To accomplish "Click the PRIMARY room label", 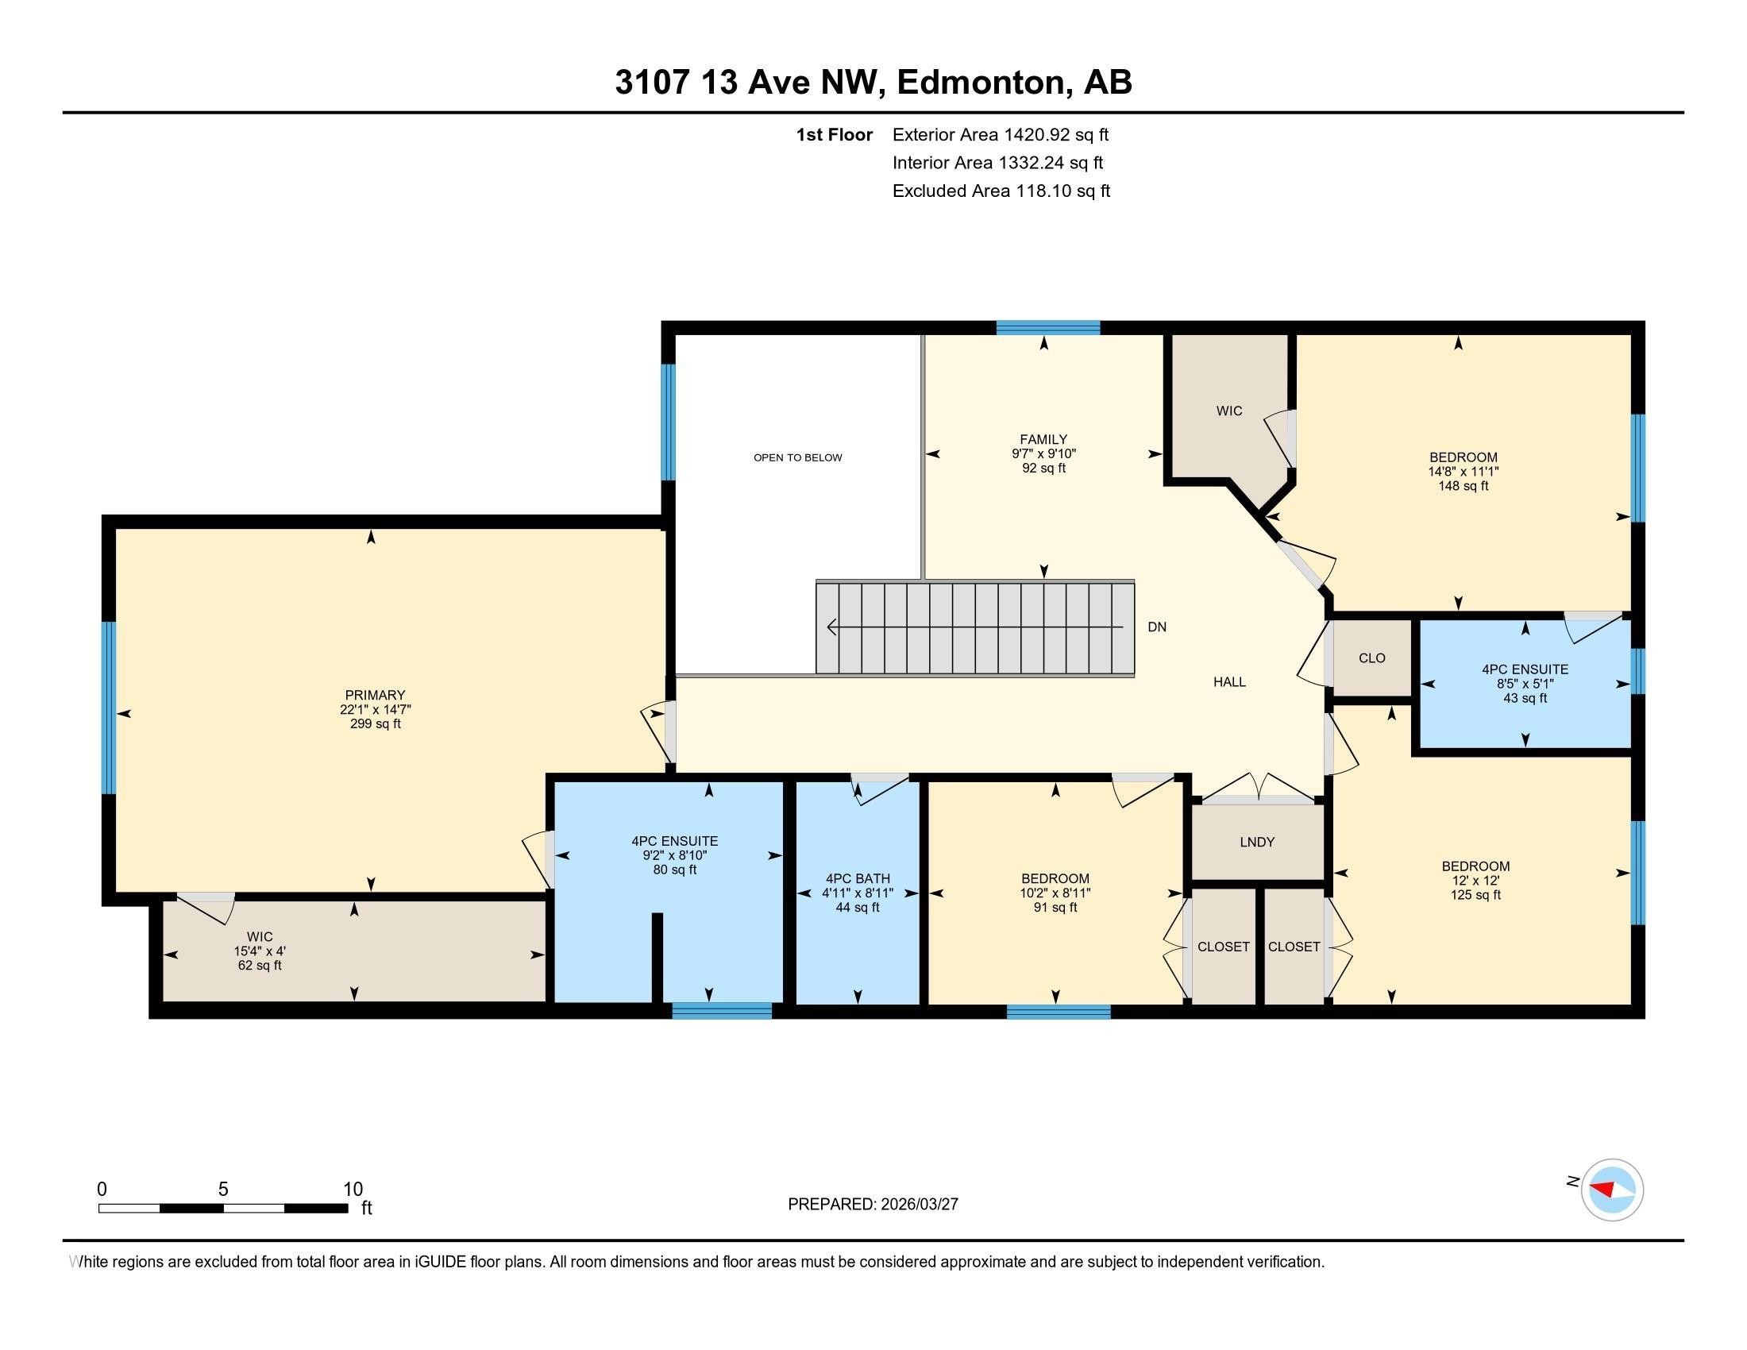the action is pos(375,695).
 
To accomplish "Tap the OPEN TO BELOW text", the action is pos(797,457).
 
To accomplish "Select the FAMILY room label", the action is pos(1043,439).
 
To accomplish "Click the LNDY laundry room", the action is pos(1257,841).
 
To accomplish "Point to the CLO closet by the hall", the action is pos(1372,658).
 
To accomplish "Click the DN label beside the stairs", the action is pos(1157,627).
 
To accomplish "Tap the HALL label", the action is pos(1229,681).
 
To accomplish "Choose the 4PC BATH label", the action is pos(858,878).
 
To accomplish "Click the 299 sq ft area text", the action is pos(375,723).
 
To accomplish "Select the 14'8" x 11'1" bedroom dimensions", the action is pos(1463,472).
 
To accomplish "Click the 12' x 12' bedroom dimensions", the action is pos(1475,881).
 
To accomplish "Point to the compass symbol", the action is pos(1612,1190).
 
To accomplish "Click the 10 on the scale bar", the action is pos(353,1190).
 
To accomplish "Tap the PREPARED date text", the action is pos(873,1205).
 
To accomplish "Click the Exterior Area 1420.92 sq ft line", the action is pos(1001,134).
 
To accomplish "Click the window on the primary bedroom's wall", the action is pos(109,708).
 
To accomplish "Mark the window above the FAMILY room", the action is pos(1048,327).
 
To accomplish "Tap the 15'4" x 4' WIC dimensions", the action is pos(259,951).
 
